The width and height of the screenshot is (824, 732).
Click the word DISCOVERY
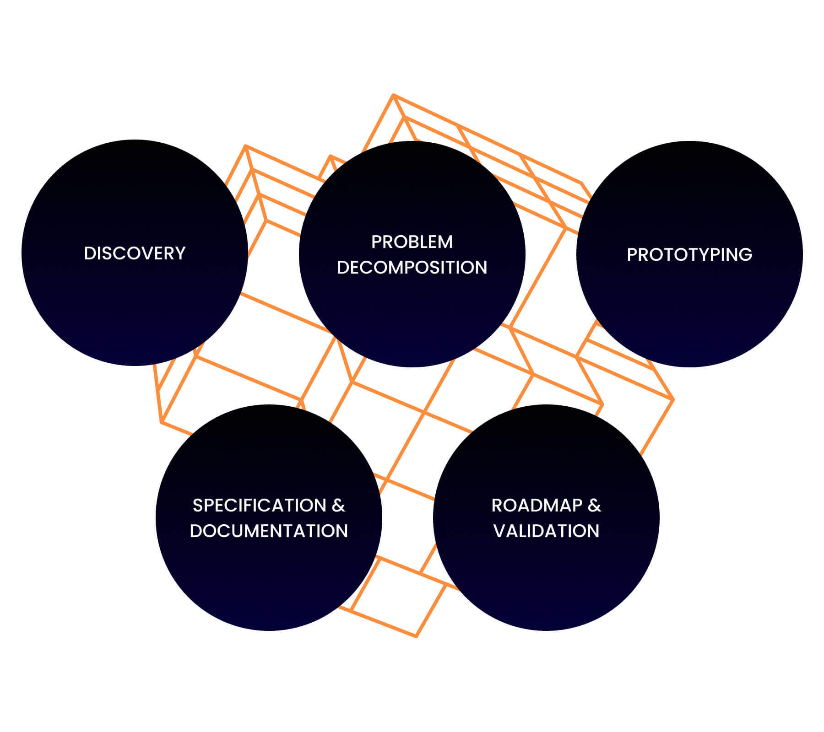pos(135,253)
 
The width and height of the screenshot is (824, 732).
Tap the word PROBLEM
pos(412,242)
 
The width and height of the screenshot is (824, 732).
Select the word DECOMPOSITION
pos(412,268)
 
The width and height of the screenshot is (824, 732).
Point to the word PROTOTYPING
pos(689,254)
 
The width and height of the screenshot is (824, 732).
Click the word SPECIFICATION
pos(259,506)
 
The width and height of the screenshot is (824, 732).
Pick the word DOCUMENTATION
pos(269,531)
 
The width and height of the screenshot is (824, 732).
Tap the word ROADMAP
pos(537,506)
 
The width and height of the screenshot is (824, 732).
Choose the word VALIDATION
pos(546,531)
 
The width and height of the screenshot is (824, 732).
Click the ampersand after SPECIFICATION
pos(338,506)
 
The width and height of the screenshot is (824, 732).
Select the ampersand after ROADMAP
pos(594,506)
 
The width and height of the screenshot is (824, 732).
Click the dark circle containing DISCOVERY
pos(135,311)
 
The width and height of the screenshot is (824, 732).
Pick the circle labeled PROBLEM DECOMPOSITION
pos(412,316)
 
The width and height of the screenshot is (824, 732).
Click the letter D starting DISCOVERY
pos(89,253)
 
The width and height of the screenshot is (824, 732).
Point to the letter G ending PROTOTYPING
pos(746,254)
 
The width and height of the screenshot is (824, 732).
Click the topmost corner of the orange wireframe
pos(393,95)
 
